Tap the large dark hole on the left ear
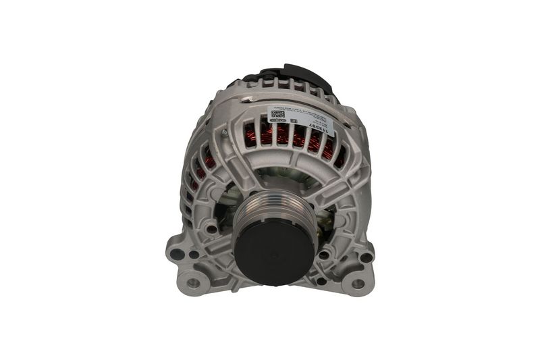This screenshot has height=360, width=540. point(178,255)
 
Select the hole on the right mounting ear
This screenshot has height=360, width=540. point(365,257)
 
